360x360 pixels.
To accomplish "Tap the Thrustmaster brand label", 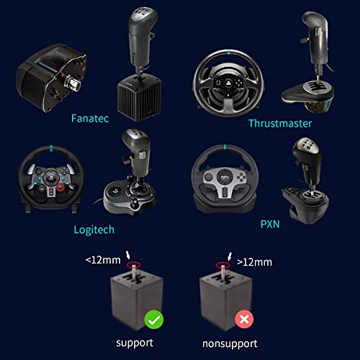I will (280, 123).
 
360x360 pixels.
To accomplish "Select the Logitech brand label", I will (94, 230).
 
